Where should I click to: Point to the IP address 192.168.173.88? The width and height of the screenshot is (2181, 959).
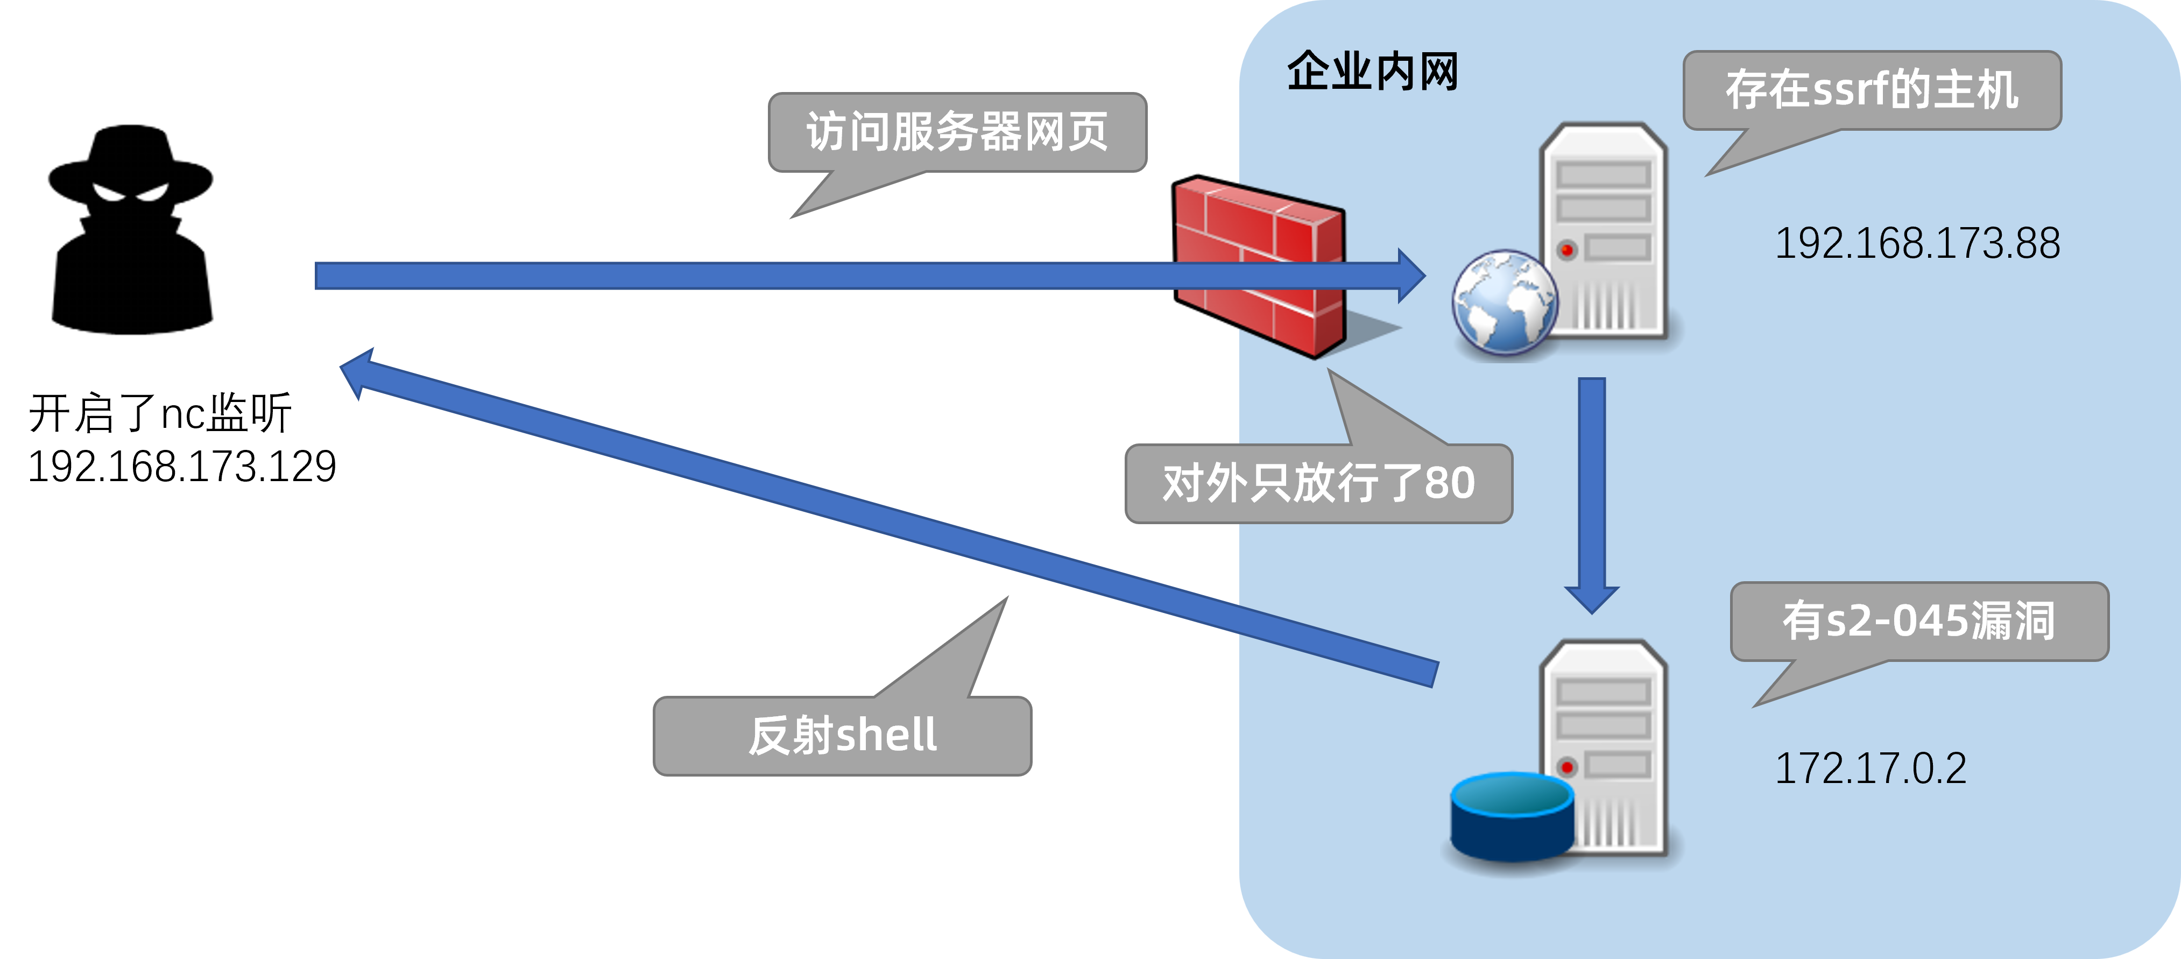click(x=1917, y=244)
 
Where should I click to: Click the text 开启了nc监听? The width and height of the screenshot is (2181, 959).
click(x=160, y=414)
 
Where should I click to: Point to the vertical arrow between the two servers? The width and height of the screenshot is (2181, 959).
click(x=1592, y=491)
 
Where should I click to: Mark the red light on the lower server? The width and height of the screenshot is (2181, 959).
click(x=1567, y=767)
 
